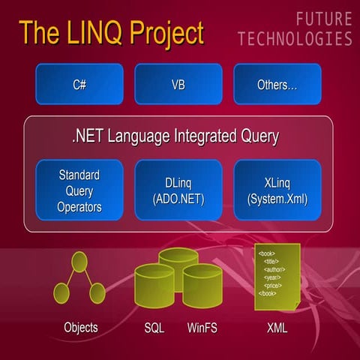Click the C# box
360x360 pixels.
tap(79, 84)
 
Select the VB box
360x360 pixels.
tap(178, 84)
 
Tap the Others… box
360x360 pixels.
tap(277, 84)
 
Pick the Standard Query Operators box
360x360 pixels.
tap(79, 190)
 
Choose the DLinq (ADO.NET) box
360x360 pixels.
tap(178, 190)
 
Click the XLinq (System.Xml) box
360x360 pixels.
tap(277, 190)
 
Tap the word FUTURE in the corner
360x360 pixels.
tap(323, 18)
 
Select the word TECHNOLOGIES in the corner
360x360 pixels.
tap(295, 39)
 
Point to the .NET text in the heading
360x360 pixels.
tap(86, 136)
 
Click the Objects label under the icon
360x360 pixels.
tap(79, 328)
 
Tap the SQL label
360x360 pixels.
tap(154, 328)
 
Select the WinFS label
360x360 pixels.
tap(202, 328)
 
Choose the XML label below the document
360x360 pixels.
tap(277, 328)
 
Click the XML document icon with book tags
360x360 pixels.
tap(277, 274)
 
